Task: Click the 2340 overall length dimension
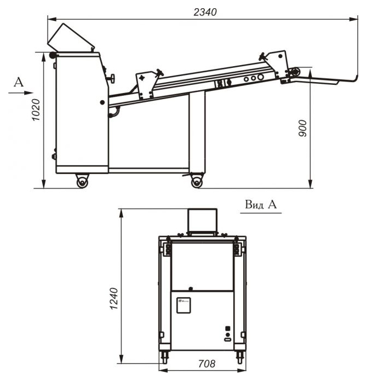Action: point(205,12)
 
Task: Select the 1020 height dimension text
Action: point(36,109)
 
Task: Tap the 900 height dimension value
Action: point(303,128)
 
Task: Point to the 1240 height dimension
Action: point(114,298)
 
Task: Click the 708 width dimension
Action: point(207,363)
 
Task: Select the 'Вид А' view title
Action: point(261,205)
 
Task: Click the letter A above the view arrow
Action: point(19,82)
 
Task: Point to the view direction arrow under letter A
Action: point(21,93)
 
